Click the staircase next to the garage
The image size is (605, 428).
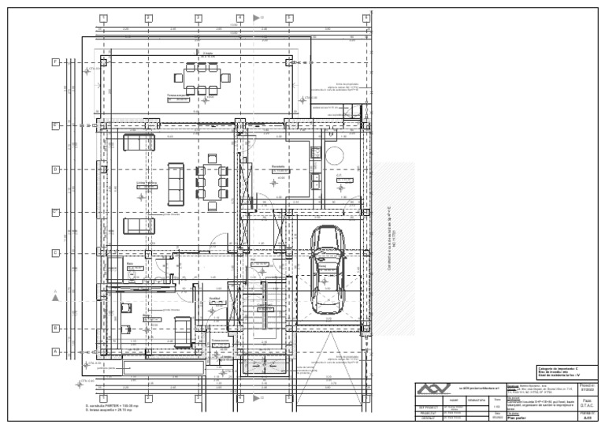coord(260,316)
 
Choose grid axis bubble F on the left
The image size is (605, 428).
coord(56,61)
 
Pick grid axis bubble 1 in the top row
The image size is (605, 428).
coord(103,17)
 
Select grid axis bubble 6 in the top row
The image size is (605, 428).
coord(367,17)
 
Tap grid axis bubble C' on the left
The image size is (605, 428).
coord(56,211)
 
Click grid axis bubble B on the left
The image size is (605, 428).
coord(56,328)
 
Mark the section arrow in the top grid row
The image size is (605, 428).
coord(256,17)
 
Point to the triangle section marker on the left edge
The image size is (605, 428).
coord(55,296)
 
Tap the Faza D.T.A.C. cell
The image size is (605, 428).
coord(588,401)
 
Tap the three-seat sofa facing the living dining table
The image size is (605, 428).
coord(176,183)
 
